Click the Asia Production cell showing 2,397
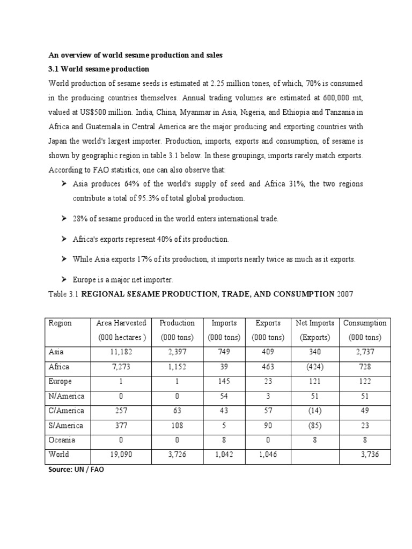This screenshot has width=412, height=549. tap(177, 352)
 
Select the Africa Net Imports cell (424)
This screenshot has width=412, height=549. tap(315, 367)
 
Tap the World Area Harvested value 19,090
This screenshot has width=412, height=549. tap(121, 454)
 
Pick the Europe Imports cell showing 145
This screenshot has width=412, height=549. tap(224, 381)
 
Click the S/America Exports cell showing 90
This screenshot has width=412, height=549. tap(268, 425)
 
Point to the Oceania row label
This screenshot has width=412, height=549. tap(62, 440)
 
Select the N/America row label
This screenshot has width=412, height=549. tap(67, 396)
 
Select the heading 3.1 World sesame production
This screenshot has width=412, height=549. tap(99, 69)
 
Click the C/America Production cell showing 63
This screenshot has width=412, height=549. tap(177, 411)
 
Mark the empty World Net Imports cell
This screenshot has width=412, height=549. tap(315, 454)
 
